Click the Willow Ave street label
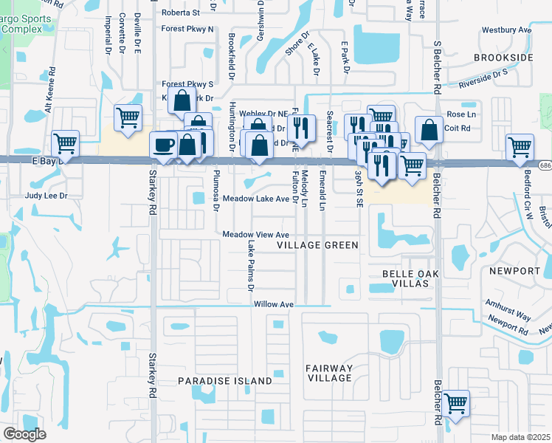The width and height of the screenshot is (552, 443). click(274, 304)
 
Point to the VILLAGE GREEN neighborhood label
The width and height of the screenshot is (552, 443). click(317, 245)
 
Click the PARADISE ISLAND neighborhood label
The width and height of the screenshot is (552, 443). click(224, 381)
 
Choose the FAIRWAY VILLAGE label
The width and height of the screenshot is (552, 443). click(330, 373)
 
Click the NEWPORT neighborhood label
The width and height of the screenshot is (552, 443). click(514, 271)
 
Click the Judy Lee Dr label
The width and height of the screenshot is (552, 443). click(46, 196)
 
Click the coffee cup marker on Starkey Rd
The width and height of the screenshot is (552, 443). click(164, 144)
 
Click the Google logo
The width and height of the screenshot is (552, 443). click(24, 434)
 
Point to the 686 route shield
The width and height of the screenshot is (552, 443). click(544, 164)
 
